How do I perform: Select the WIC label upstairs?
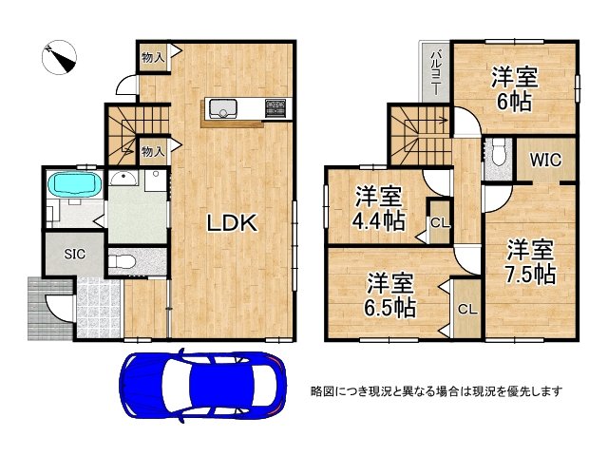coord(545,160)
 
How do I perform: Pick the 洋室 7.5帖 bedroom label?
coord(530,262)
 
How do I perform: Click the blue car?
coord(202,384)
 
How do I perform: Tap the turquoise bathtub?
coord(73,183)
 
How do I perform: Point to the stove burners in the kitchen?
coord(275,108)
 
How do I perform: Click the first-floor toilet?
coord(119,261)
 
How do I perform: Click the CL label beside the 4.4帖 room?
coord(439,223)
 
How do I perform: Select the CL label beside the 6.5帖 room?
coord(467,310)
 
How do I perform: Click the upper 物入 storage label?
coord(153,58)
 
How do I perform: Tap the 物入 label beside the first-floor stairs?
coord(153,150)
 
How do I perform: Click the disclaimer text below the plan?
coord(438,390)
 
